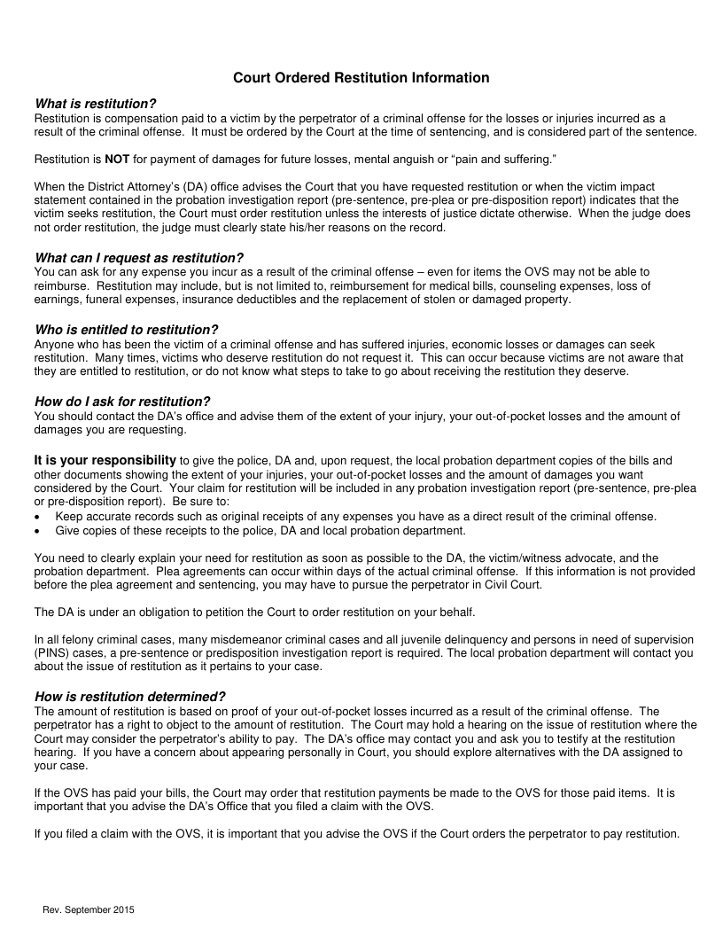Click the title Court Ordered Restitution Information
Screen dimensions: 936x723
point(361,78)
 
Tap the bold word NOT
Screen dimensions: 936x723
point(118,159)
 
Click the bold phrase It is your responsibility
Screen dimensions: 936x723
point(105,460)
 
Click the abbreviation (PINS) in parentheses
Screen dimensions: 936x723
point(51,653)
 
